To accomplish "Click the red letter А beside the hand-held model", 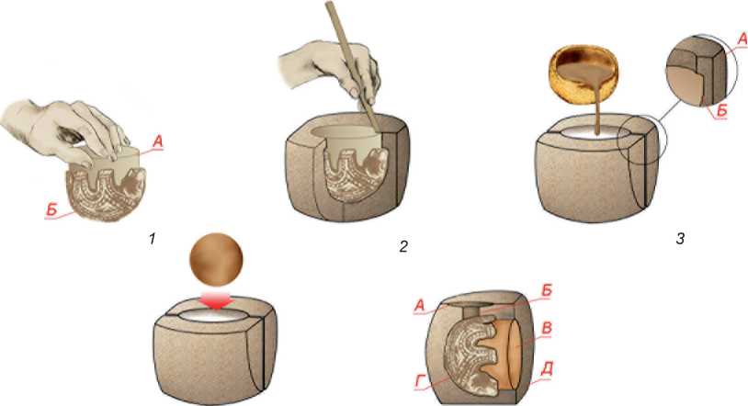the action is coord(158,141).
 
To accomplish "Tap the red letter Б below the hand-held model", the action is coord(51,209).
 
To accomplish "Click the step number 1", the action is coord(153,239).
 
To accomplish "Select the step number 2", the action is coord(403,246).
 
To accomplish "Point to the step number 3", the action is coord(680,239).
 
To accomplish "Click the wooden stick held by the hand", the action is coord(353,66).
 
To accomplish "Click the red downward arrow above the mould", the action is coord(217,301).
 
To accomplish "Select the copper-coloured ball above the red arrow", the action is coord(216,260).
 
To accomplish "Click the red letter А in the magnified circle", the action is coord(742,40).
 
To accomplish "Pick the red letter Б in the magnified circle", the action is coord(721,110).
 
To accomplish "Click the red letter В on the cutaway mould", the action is coord(548,329).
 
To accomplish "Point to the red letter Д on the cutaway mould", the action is coord(548,369).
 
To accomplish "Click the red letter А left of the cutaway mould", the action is coord(419,305).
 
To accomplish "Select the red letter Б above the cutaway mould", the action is coord(546,290).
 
